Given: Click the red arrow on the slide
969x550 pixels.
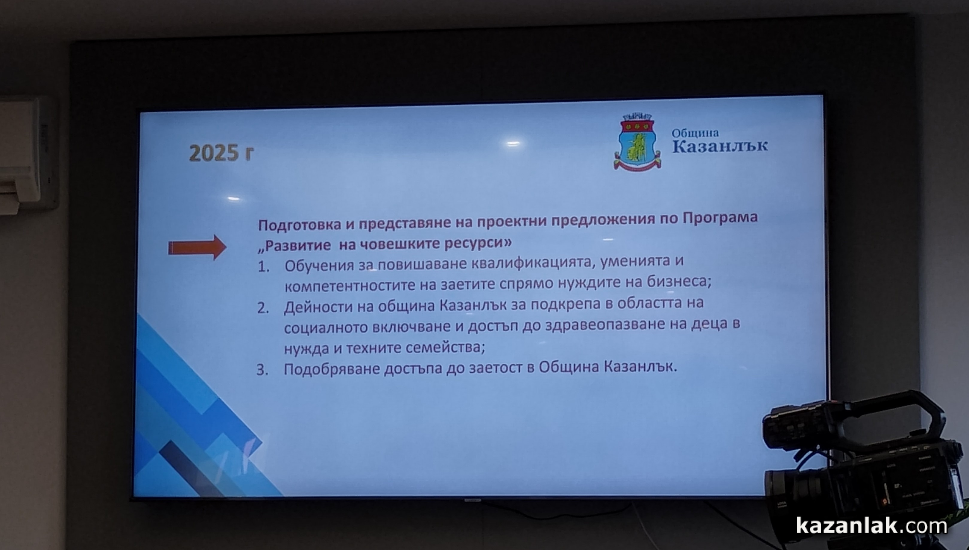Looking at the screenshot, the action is tap(197, 248).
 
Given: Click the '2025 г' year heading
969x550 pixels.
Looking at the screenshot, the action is tap(221, 153).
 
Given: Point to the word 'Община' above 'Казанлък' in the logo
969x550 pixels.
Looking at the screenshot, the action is tap(695, 133).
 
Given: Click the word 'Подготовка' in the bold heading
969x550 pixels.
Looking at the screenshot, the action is tap(300, 225).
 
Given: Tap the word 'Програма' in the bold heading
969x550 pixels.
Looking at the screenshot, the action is tap(720, 218).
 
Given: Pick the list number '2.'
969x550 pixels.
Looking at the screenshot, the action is tap(263, 308).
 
